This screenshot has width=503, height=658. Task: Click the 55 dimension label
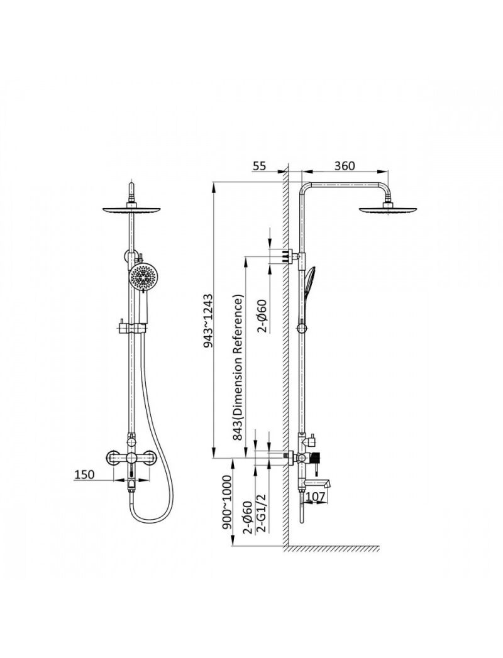259,166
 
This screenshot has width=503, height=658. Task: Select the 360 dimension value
345,166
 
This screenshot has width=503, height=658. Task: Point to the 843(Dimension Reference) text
238,368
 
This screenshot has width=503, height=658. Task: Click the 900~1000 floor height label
227,503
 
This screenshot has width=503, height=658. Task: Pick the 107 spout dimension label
316,496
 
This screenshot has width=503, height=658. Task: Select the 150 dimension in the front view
84,474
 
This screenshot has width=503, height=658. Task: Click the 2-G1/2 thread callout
261,513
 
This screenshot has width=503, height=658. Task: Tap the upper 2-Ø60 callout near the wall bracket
262,315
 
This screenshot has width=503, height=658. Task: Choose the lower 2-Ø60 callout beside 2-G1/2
248,517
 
